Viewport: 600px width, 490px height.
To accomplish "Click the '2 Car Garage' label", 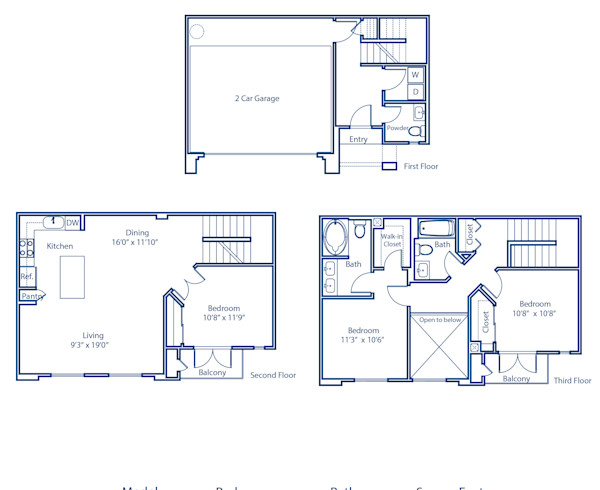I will (x=257, y=99).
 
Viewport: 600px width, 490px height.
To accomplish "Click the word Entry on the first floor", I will (x=358, y=140).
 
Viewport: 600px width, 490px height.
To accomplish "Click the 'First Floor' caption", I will (x=421, y=167).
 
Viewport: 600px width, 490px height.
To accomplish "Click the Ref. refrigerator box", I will (x=27, y=276).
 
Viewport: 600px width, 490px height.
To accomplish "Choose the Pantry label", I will (x=32, y=296).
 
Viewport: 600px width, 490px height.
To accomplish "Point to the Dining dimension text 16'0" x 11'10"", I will (x=137, y=241).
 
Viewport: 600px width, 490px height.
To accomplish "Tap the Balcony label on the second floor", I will (x=212, y=373).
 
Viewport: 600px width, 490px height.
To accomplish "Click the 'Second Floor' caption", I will (x=273, y=376).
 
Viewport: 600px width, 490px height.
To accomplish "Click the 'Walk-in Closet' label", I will (x=391, y=240).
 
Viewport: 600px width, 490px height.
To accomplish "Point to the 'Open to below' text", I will (x=440, y=320).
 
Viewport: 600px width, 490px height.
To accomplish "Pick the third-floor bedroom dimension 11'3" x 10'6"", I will (x=363, y=340).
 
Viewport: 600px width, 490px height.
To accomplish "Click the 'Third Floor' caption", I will (x=572, y=380).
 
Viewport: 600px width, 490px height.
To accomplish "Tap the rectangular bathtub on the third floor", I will (x=437, y=228).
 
